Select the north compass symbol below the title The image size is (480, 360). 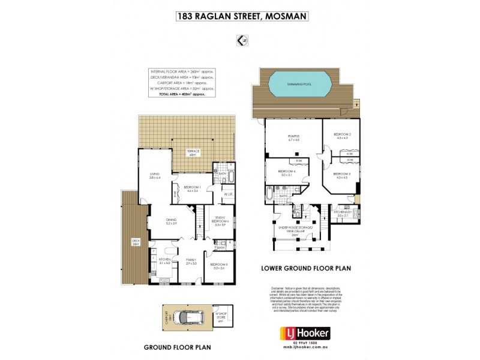click(242, 40)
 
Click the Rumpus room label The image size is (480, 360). click(293, 139)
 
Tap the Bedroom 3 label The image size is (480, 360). click(342, 174)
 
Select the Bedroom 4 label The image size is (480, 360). click(285, 172)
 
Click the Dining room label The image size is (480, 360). click(172, 220)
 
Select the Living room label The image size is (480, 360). click(155, 175)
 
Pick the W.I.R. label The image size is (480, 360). click(228, 194)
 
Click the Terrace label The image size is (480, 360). click(192, 152)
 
